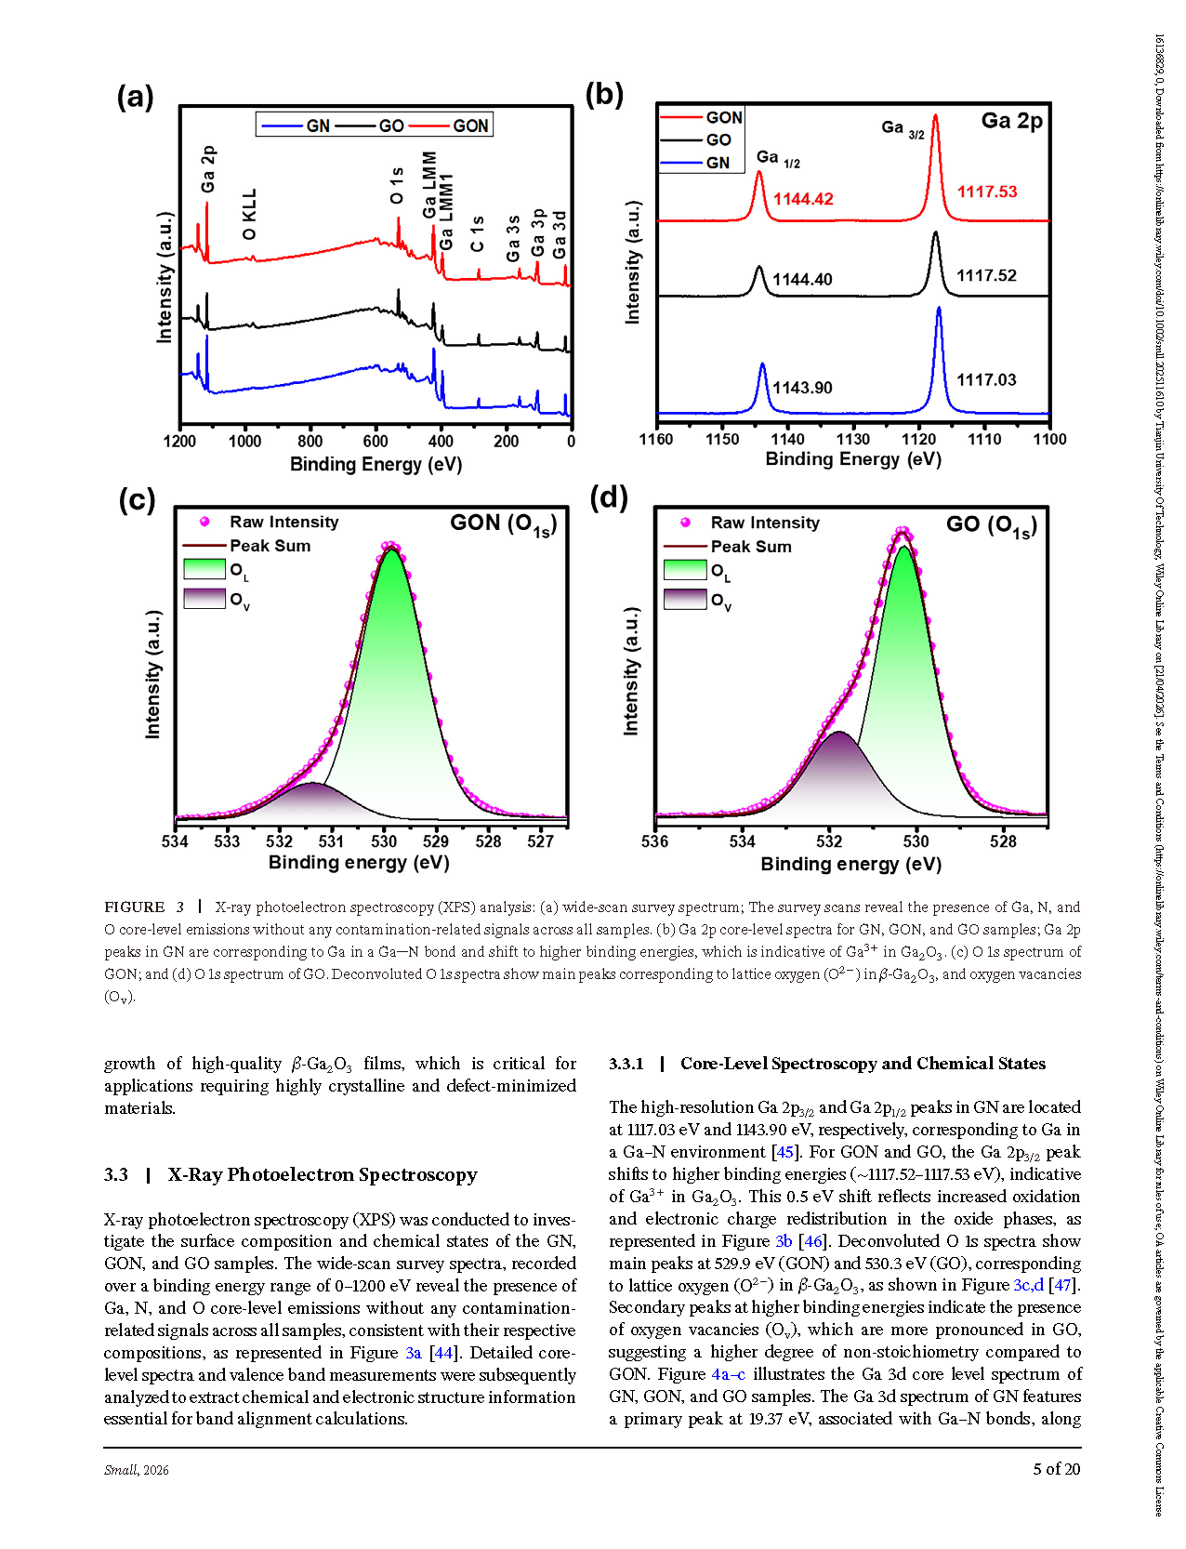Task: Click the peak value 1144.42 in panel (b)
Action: [x=803, y=199]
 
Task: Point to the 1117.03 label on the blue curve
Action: [x=986, y=380]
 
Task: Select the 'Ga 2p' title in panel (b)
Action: [x=1011, y=121]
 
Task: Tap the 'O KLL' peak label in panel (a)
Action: [x=249, y=215]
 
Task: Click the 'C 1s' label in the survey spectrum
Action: [x=478, y=234]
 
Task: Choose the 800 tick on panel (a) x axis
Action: [x=310, y=442]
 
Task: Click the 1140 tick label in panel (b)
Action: [x=787, y=440]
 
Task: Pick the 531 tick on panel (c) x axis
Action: [x=331, y=841]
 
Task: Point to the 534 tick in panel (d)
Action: [x=742, y=841]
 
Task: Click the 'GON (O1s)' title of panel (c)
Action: [x=503, y=524]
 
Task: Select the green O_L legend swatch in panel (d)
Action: [x=685, y=569]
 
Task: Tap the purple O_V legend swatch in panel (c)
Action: [x=204, y=598]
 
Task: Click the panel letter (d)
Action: [x=608, y=497]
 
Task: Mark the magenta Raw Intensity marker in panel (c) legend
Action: [x=204, y=522]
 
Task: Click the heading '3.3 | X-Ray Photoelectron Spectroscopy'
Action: [x=291, y=1175]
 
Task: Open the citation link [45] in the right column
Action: [x=784, y=1152]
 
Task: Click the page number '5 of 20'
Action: [x=1057, y=1469]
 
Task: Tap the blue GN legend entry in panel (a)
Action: [x=296, y=126]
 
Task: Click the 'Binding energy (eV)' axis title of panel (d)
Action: [x=851, y=865]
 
